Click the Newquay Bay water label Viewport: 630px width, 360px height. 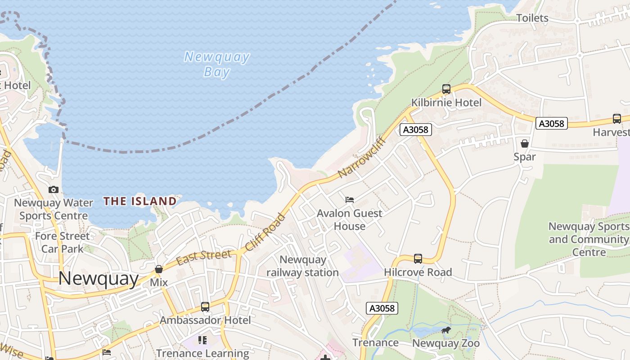(217, 64)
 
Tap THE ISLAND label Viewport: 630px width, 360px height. (140, 201)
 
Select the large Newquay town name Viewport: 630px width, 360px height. (98, 279)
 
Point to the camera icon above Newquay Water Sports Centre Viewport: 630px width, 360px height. (54, 190)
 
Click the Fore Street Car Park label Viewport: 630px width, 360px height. (62, 242)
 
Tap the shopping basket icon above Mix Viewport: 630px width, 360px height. (158, 269)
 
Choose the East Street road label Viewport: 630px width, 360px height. (204, 257)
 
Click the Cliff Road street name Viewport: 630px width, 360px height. (265, 232)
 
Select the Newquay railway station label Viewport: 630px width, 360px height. (302, 266)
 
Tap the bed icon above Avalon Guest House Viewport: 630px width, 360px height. (350, 199)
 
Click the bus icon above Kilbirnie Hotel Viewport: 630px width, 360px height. (446, 89)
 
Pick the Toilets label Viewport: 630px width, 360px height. (532, 18)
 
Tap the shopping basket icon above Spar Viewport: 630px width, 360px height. (525, 144)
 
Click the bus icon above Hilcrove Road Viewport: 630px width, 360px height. (418, 259)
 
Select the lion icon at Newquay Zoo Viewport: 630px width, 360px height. (446, 331)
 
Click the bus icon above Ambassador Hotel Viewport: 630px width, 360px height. (205, 307)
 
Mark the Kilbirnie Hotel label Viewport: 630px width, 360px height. (446, 103)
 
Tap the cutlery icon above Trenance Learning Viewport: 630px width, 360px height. (202, 340)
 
